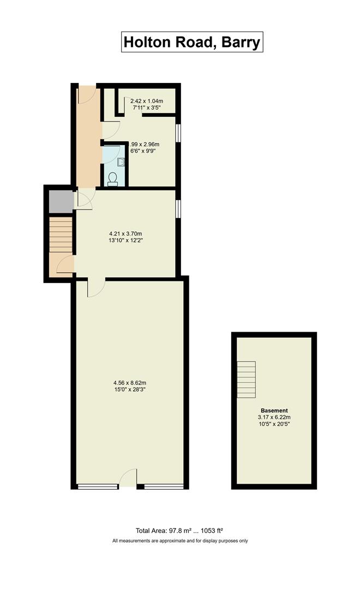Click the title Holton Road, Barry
[192, 42]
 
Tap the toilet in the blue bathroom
[113, 179]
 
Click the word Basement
[274, 410]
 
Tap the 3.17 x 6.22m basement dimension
[274, 417]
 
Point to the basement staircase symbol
[246, 380]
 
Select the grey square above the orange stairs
[60, 202]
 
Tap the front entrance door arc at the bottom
[128, 478]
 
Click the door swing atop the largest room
[96, 288]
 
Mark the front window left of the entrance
[98, 486]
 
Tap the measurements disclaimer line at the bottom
[180, 541]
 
